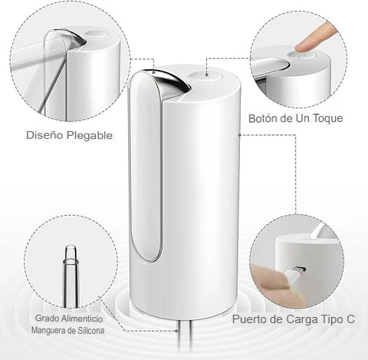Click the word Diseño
click(45, 135)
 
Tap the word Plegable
click(90, 136)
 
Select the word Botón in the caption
click(262, 118)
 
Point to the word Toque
click(328, 118)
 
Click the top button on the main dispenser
click(203, 76)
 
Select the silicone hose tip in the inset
click(70, 255)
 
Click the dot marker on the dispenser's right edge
click(239, 135)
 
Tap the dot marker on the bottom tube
click(176, 331)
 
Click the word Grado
click(45, 319)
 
